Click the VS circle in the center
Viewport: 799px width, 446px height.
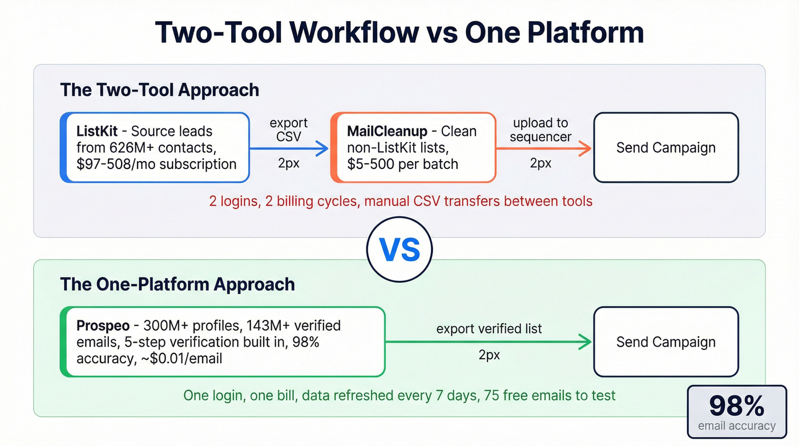coord(399,250)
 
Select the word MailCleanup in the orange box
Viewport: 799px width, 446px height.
coord(387,131)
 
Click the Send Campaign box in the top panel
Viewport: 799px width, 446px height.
coord(665,147)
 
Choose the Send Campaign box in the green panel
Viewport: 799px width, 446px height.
coord(665,342)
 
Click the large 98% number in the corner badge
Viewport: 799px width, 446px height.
coord(736,406)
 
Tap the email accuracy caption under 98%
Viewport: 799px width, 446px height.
coord(736,426)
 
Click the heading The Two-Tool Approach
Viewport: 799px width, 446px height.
coord(159,90)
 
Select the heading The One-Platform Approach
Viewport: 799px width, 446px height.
coord(177,284)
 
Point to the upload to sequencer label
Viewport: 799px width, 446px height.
coord(540,130)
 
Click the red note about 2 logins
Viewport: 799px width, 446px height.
coord(401,201)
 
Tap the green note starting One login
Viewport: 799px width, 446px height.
coord(399,395)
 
